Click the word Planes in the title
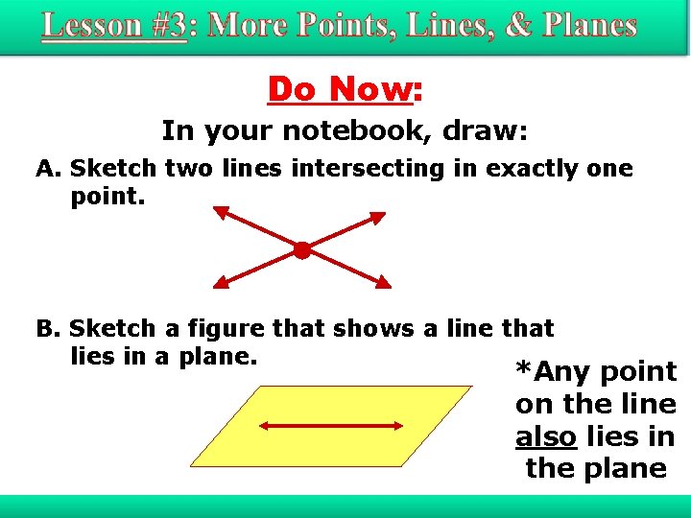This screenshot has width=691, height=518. pyautogui.click(x=584, y=25)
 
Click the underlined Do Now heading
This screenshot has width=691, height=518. pyautogui.click(x=340, y=89)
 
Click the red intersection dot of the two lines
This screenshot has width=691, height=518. pyautogui.click(x=301, y=250)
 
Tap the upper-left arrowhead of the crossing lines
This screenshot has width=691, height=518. pyautogui.click(x=220, y=212)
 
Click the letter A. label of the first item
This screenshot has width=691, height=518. pyautogui.click(x=49, y=169)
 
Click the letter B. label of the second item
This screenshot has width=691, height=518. pyautogui.click(x=49, y=329)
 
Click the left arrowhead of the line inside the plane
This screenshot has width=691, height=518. pyautogui.click(x=260, y=427)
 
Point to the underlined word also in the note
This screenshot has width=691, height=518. pyautogui.click(x=545, y=436)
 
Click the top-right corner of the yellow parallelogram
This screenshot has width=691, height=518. pyautogui.click(x=471, y=387)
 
